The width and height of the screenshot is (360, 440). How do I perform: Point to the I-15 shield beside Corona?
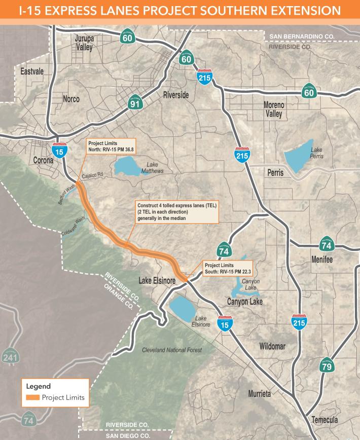58,151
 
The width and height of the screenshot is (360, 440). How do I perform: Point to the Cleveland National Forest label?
171,350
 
